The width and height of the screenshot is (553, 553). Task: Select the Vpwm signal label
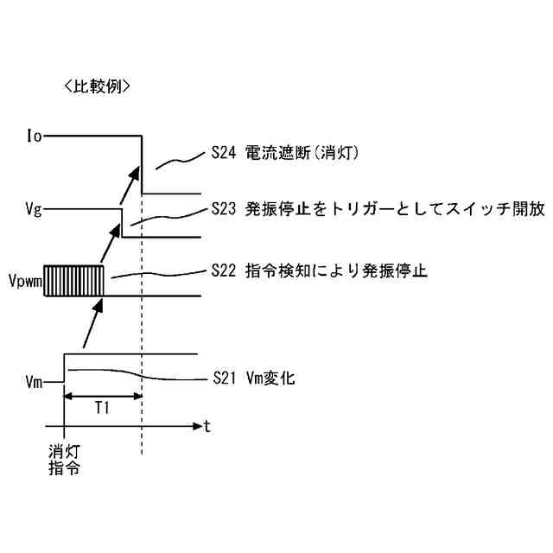25,282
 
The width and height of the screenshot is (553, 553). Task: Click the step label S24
224,153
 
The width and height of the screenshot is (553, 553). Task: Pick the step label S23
224,209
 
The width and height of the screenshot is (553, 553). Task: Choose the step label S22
224,270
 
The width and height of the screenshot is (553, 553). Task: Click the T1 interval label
102,410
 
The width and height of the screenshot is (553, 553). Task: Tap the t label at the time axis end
207,426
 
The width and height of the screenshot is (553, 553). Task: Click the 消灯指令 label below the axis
63,461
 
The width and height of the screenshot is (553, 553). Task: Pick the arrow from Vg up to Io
130,184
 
